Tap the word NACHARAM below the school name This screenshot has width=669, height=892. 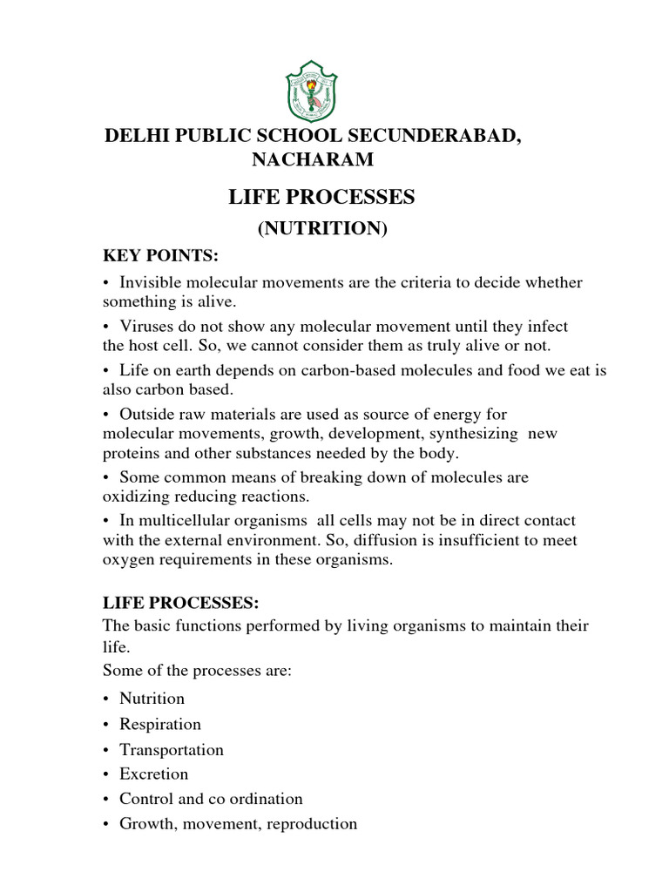click(313, 159)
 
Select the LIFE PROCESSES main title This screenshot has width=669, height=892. click(321, 198)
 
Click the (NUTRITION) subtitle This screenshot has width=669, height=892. click(321, 228)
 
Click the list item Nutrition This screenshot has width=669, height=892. click(152, 698)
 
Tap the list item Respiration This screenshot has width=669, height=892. click(160, 724)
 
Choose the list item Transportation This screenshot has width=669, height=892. click(172, 749)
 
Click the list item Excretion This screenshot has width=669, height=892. click(153, 774)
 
